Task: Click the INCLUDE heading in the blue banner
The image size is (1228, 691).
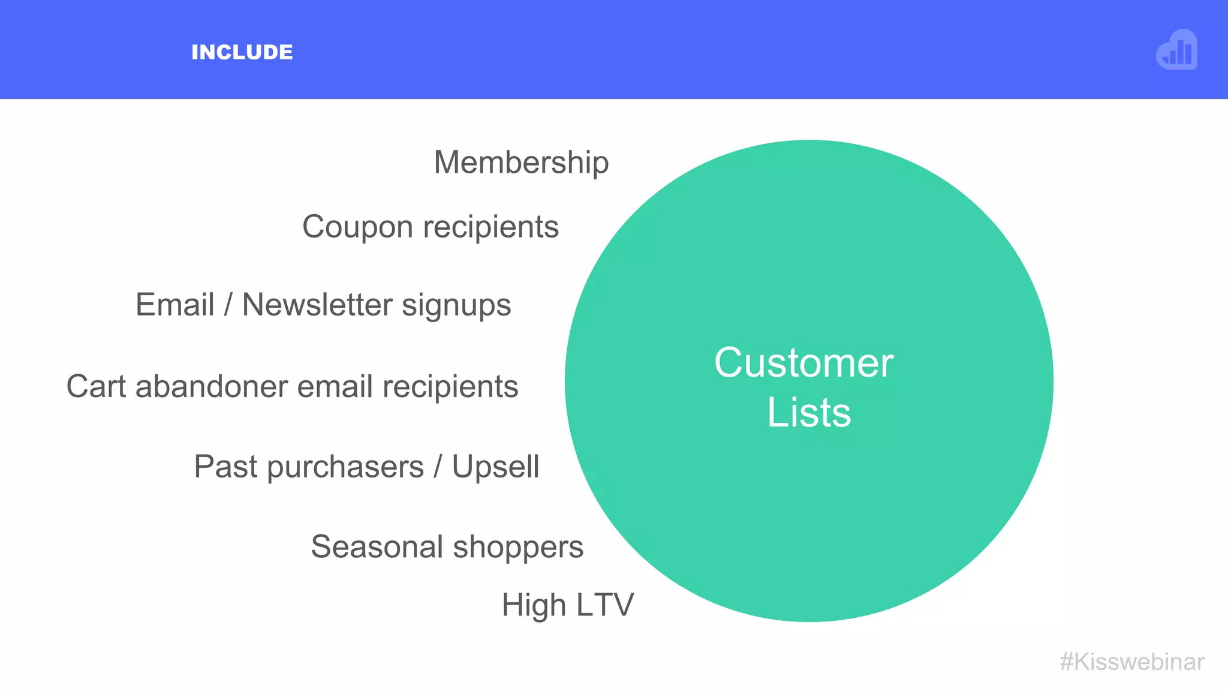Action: pos(242,52)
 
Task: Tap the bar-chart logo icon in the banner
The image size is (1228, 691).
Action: pos(1177,50)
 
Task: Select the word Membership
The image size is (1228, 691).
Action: pos(521,163)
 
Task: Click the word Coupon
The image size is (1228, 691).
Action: pos(358,227)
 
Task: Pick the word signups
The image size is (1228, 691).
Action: pos(456,305)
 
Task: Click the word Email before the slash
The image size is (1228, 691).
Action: pos(175,304)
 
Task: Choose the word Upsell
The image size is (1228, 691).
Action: pos(495,467)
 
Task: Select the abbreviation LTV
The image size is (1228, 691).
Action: pos(605,605)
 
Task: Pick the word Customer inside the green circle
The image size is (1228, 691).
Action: pos(803,363)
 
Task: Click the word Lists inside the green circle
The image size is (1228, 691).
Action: pos(809,413)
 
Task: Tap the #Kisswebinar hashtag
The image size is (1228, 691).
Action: pos(1132,662)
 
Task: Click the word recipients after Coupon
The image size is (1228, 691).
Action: pos(491,227)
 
